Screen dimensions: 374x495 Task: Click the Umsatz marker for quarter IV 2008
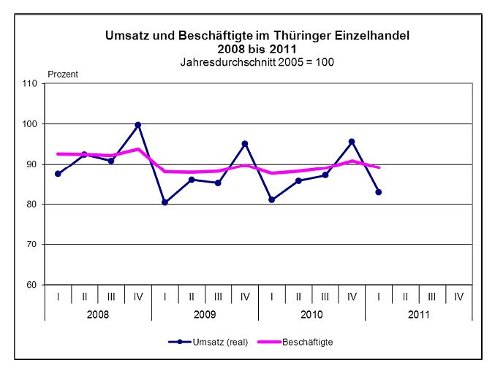(137, 125)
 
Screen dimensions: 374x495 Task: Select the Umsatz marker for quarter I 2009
(165, 202)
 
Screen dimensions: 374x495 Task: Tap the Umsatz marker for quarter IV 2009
(245, 143)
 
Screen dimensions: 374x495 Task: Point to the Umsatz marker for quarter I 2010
(271, 199)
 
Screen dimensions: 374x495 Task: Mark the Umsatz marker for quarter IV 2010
(352, 142)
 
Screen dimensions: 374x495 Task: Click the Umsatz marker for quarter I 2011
(379, 192)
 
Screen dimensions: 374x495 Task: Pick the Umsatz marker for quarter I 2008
(58, 174)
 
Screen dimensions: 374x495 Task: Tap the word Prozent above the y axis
(63, 74)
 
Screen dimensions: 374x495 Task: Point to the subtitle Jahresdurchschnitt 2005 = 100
(257, 62)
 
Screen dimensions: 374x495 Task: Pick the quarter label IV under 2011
(458, 297)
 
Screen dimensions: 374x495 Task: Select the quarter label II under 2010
(298, 297)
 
